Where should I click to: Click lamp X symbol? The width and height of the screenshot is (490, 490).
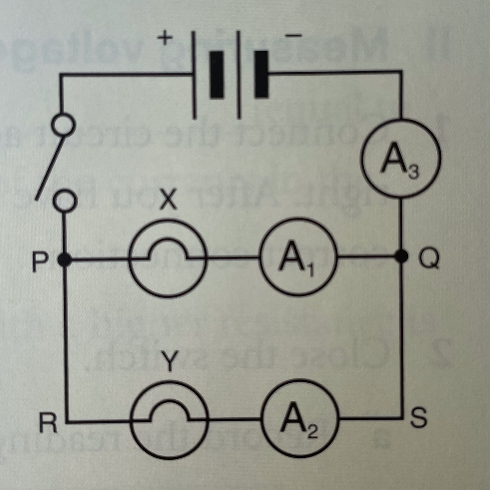[x=167, y=257]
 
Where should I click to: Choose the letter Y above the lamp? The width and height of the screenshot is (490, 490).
[x=170, y=362]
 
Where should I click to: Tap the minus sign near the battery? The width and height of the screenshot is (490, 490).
[x=293, y=36]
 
